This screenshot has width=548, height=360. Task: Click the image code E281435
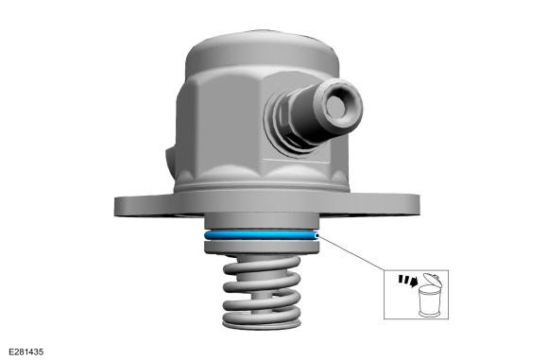tap(26, 351)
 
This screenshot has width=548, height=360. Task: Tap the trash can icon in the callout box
tap(430, 296)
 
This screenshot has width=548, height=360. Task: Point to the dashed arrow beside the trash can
tap(408, 280)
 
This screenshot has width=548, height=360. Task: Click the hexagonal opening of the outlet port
tap(335, 105)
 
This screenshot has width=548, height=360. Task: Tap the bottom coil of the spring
tap(262, 321)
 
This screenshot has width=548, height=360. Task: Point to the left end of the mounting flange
tap(119, 207)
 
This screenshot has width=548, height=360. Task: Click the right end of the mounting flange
tap(415, 206)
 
